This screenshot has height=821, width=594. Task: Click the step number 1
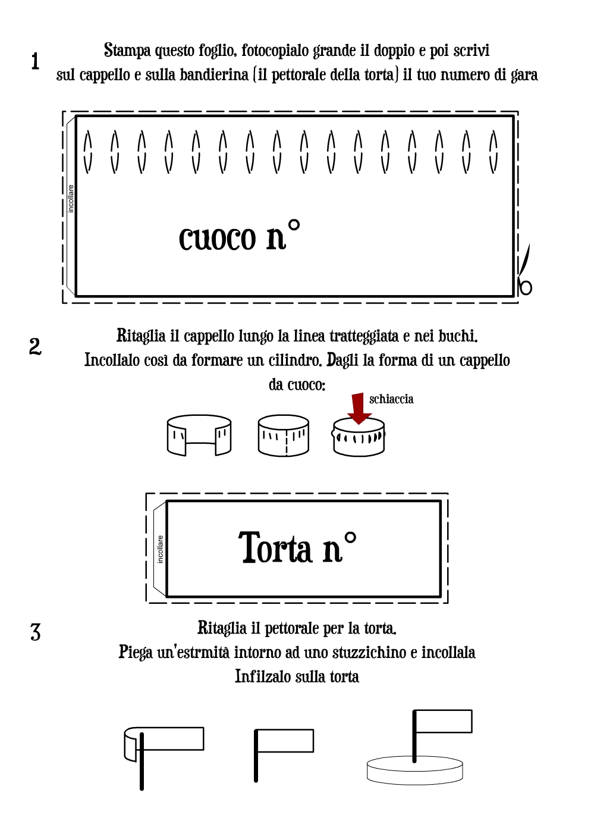(x=35, y=61)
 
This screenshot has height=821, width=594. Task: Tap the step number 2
(x=35, y=346)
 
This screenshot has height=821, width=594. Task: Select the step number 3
(x=36, y=632)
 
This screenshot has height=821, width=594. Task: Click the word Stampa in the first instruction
(x=127, y=51)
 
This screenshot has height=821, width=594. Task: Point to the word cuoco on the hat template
(x=217, y=238)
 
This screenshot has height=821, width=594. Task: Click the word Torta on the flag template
(x=275, y=548)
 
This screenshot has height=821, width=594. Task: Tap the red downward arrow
(x=359, y=409)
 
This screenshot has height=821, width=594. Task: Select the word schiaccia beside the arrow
(x=391, y=399)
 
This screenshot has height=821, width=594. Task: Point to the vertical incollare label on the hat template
(x=71, y=199)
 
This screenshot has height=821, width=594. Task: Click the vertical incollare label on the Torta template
(x=161, y=549)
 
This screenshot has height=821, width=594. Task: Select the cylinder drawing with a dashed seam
(x=284, y=435)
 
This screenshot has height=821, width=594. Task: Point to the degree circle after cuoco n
(x=294, y=225)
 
